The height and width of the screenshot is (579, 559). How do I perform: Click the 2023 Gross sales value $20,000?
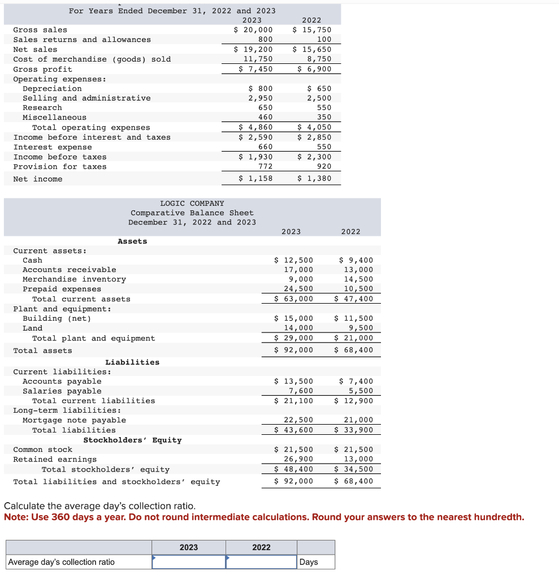[x=253, y=30]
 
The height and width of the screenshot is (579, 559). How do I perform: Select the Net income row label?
[x=38, y=179]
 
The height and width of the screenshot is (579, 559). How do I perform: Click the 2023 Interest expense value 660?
[x=265, y=147]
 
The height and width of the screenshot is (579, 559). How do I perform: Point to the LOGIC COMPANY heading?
[x=192, y=204]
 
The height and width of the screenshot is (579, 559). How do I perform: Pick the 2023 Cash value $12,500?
[x=293, y=261]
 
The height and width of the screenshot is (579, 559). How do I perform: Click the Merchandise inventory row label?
[x=74, y=279]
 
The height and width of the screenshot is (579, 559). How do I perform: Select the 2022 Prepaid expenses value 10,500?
[x=358, y=289]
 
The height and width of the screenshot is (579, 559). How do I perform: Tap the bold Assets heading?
[x=132, y=241]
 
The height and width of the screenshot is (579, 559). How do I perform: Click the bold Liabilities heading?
[x=132, y=362]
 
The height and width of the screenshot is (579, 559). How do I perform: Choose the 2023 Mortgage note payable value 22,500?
[x=298, y=420]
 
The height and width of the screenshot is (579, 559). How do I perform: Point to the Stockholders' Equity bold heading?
[x=132, y=440]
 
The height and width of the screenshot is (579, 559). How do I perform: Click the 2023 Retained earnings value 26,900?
[x=298, y=460]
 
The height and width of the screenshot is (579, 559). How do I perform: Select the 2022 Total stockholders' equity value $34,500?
[x=354, y=469]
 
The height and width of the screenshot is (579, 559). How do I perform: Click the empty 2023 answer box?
[x=189, y=562]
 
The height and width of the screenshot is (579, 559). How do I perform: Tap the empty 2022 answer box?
[x=261, y=562]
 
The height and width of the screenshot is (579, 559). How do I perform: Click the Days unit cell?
[x=309, y=562]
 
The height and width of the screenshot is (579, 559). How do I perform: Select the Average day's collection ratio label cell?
[x=62, y=562]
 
